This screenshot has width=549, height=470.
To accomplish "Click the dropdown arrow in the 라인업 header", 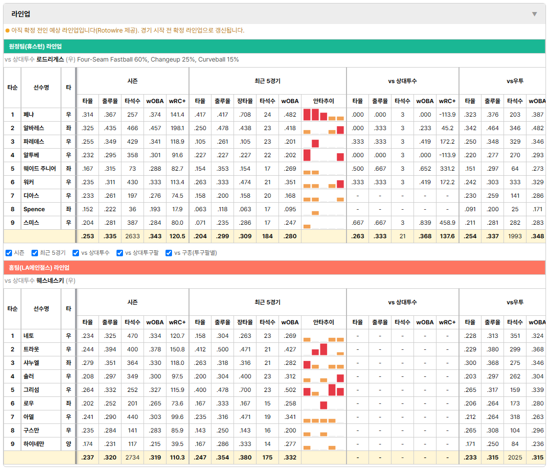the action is (x=534, y=14).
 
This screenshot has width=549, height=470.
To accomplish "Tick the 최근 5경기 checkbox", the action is (x=34, y=253).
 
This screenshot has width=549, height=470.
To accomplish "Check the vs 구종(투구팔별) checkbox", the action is (x=169, y=253).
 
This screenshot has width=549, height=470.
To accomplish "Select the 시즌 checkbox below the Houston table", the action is (x=9, y=253).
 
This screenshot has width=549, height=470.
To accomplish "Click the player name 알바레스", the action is (x=33, y=128).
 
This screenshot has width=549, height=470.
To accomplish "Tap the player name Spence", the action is (x=34, y=209).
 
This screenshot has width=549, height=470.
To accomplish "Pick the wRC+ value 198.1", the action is (x=177, y=128).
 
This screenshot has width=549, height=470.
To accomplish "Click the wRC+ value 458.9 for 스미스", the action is (x=447, y=223).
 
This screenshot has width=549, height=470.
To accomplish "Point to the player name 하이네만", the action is (x=33, y=444).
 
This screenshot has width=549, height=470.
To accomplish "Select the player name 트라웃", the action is (x=31, y=349).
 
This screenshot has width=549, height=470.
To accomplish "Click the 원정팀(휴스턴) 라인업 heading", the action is (x=35, y=46).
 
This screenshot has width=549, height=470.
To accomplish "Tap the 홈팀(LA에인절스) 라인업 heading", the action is (x=39, y=268).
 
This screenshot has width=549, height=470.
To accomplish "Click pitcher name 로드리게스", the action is (x=50, y=60).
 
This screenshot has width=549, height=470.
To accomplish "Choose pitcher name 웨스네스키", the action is (x=50, y=281).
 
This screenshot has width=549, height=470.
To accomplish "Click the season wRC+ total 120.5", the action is (x=177, y=236).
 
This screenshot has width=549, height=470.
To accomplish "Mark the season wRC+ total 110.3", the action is (x=177, y=457).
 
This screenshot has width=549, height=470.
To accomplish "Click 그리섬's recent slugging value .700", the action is (x=245, y=390).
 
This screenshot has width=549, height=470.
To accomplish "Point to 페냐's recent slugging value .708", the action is (x=245, y=115).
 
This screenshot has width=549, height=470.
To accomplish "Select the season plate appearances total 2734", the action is (x=132, y=457).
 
